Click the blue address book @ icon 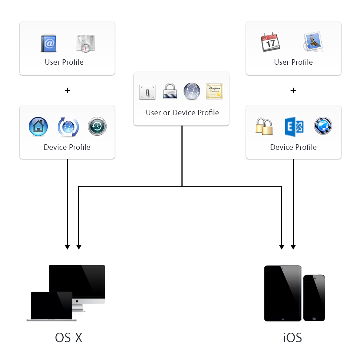click(x=49, y=44)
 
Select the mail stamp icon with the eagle click(x=313, y=42)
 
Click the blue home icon click(x=38, y=127)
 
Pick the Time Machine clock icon click(x=97, y=127)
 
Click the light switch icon click(x=147, y=92)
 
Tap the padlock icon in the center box click(x=170, y=91)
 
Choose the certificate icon click(x=215, y=91)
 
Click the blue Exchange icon click(x=294, y=127)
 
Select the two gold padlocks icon click(x=264, y=127)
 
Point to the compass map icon click(x=85, y=44)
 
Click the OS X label click(x=69, y=338)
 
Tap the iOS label click(x=292, y=338)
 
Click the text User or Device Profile click(x=182, y=113)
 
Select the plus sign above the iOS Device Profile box click(x=293, y=90)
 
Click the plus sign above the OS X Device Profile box click(x=67, y=90)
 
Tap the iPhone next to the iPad click(x=314, y=297)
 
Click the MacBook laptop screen click(x=52, y=305)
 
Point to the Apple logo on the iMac click(x=77, y=301)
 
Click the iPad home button click(x=283, y=318)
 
